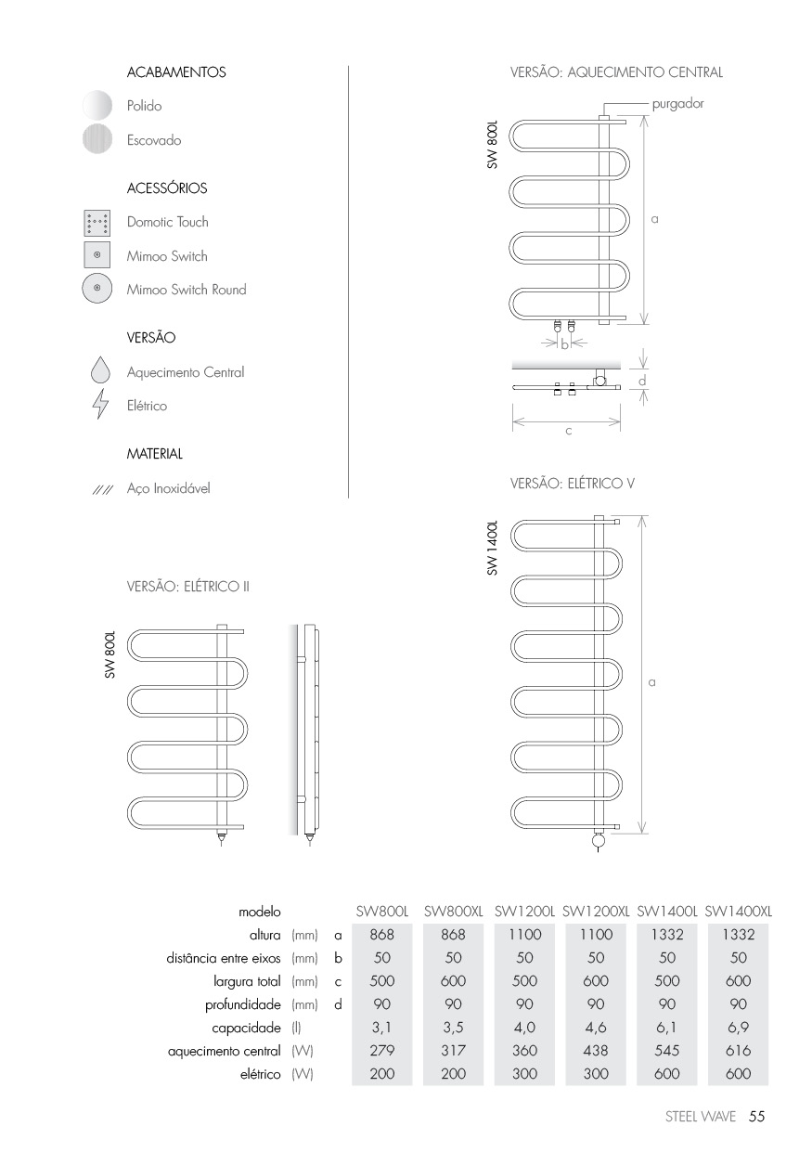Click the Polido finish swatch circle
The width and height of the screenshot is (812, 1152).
[97, 106]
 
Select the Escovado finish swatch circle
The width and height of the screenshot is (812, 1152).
[97, 140]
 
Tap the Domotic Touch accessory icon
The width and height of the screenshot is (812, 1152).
[97, 223]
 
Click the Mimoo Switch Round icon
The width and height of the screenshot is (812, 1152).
[97, 290]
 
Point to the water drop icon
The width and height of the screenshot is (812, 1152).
[99, 372]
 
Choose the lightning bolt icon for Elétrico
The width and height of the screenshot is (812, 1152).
[99, 406]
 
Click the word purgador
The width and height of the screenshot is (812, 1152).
[677, 104]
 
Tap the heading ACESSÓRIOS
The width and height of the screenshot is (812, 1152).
[167, 188]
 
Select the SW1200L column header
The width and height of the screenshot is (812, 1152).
[524, 913]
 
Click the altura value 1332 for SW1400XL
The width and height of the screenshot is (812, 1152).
[739, 936]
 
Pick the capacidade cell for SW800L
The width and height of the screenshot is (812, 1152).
[382, 1029]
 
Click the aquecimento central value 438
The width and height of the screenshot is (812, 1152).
[596, 1052]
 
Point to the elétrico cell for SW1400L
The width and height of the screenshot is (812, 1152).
[667, 1075]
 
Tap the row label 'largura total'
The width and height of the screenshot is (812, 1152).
[247, 982]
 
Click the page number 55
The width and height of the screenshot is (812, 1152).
[756, 1117]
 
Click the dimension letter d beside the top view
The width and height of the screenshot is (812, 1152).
[642, 382]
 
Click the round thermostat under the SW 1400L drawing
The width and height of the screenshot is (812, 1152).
[599, 841]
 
